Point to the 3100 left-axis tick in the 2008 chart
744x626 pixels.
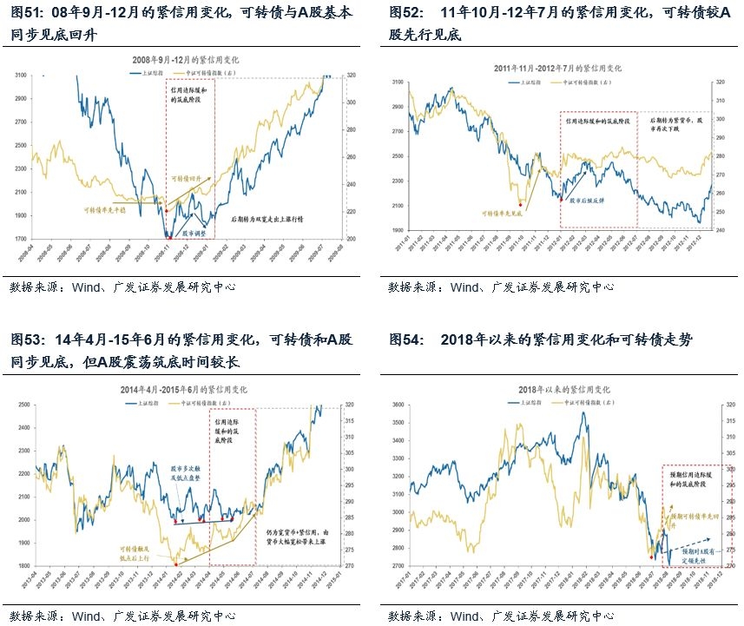pyautogui.click(x=20, y=76)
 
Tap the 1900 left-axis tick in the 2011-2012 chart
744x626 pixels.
pyautogui.click(x=397, y=230)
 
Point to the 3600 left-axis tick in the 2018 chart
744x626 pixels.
pyautogui.click(x=397, y=405)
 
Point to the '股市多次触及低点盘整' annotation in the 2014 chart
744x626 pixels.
pyautogui.click(x=188, y=472)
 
